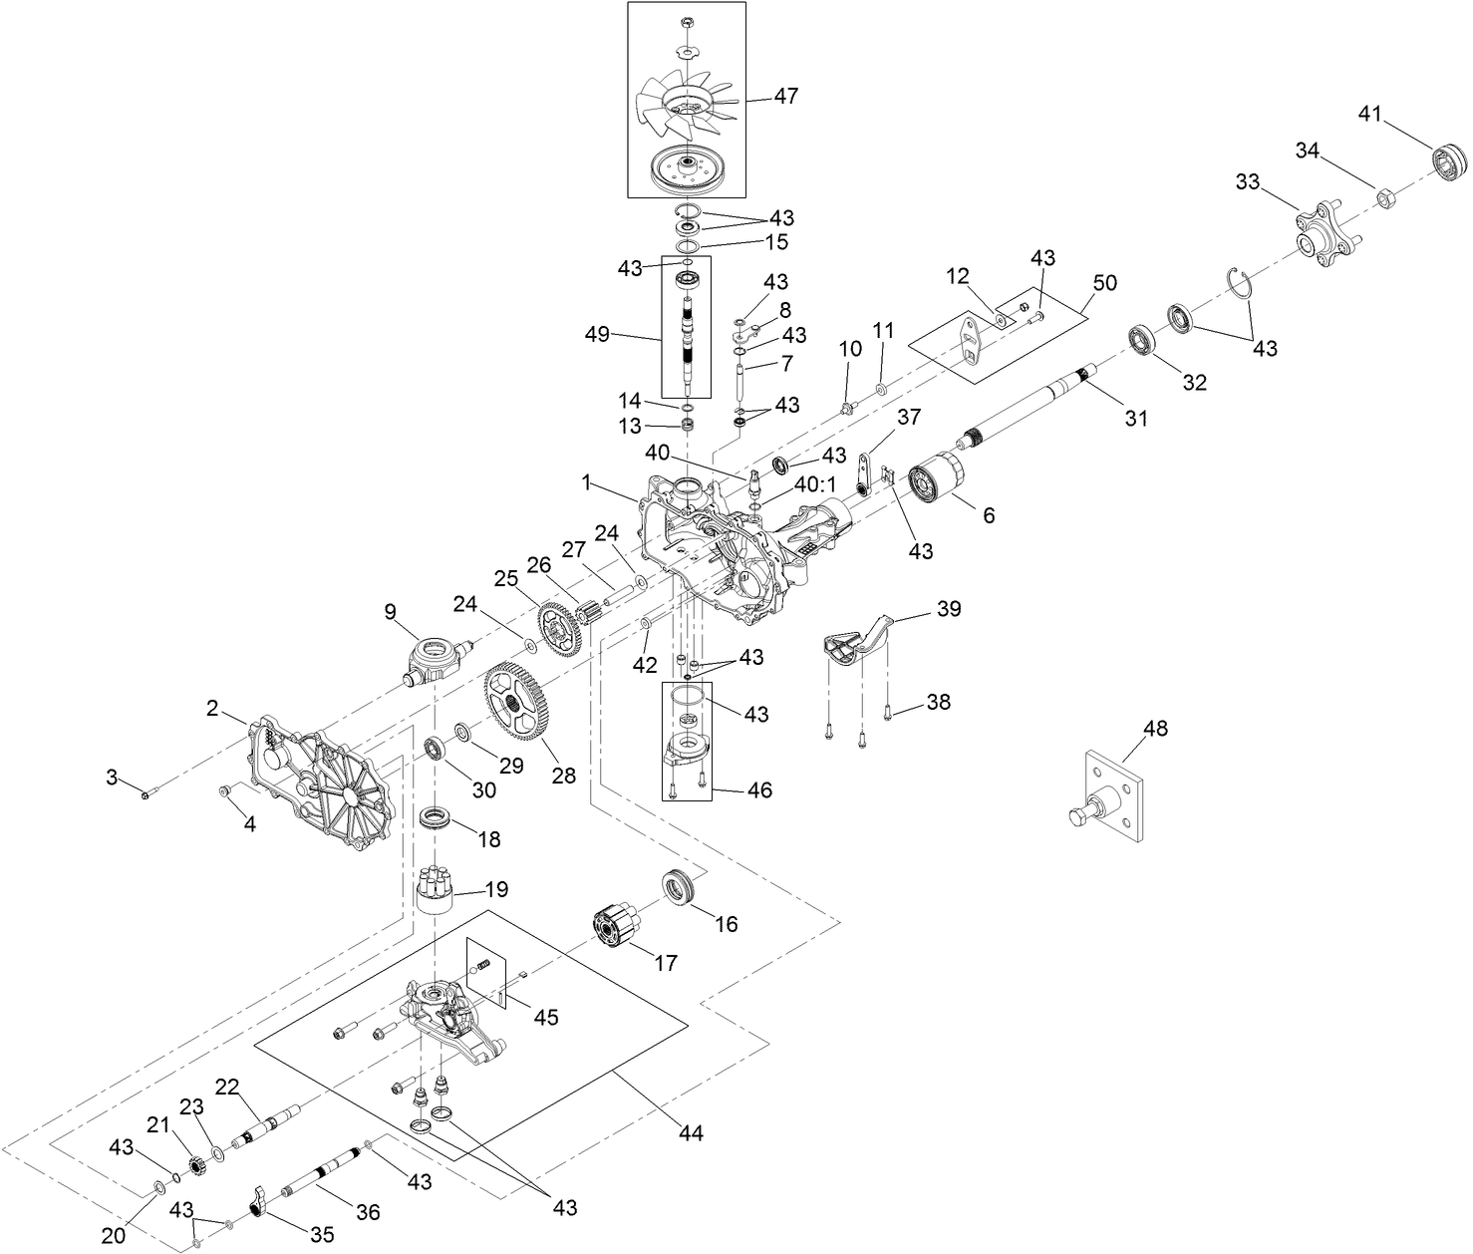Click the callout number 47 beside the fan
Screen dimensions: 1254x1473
pyautogui.click(x=786, y=97)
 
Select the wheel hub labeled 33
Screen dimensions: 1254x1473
pyautogui.click(x=1313, y=235)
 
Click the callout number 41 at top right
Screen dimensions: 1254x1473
pyautogui.click(x=1370, y=114)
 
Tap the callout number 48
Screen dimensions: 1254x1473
pyautogui.click(x=1155, y=729)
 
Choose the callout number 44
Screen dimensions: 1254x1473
pyautogui.click(x=691, y=1133)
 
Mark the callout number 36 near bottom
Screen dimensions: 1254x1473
pyautogui.click(x=368, y=1212)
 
